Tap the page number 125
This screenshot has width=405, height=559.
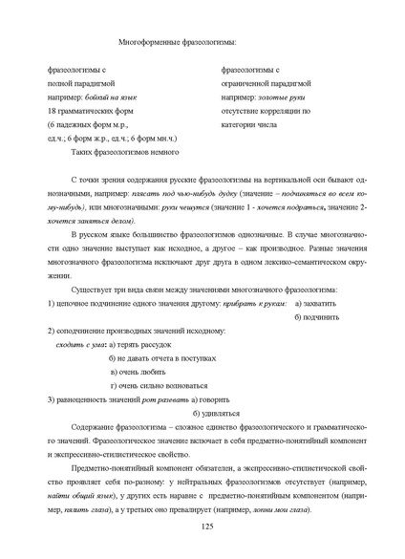[202, 527]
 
